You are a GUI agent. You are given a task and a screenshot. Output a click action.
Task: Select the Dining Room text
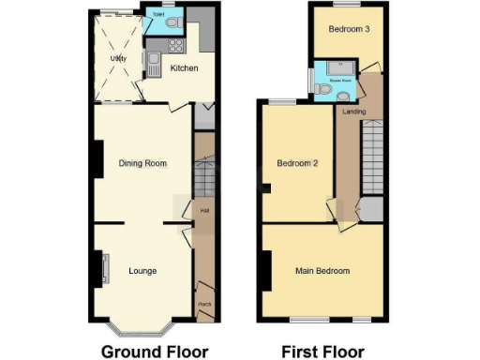click(x=142, y=163)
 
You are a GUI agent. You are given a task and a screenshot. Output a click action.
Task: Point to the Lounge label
click(x=142, y=271)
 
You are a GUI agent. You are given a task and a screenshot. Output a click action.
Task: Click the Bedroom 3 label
click(x=348, y=29)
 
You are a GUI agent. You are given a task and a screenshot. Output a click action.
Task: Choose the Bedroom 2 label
click(x=298, y=163)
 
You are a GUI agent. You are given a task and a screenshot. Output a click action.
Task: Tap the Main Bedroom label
click(x=322, y=271)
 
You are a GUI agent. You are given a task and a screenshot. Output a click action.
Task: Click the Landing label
click(x=354, y=112)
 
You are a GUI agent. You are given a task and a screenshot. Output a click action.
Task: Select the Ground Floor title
click(x=154, y=352)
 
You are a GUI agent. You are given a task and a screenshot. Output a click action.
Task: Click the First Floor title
click(x=323, y=352)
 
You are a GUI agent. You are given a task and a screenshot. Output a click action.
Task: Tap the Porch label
click(x=204, y=303)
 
